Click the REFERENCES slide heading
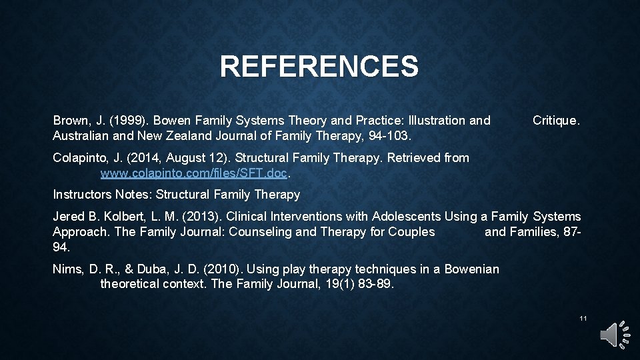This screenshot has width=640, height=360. click(319, 67)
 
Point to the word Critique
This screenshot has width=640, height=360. click(556, 121)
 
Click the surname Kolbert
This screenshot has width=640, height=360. click(123, 217)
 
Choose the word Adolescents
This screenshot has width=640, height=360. click(406, 217)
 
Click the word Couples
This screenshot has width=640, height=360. click(412, 232)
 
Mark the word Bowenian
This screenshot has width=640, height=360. click(471, 269)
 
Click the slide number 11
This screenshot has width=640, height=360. click(583, 319)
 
